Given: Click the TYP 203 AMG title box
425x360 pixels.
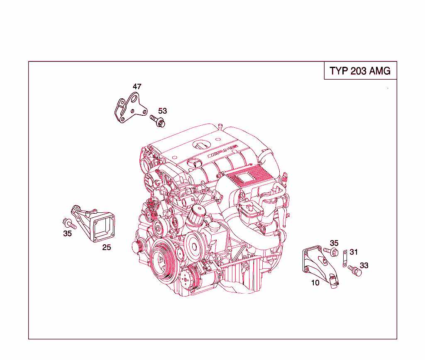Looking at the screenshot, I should pyautogui.click(x=360, y=71).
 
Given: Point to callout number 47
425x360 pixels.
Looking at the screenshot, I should pyautogui.click(x=137, y=87).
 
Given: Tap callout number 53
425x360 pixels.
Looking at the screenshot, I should pyautogui.click(x=162, y=111).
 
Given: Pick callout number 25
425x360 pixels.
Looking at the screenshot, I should pyautogui.click(x=107, y=248).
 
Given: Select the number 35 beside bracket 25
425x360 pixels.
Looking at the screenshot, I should pyautogui.click(x=67, y=234).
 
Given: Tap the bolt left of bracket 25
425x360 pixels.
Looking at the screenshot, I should pyautogui.click(x=69, y=224).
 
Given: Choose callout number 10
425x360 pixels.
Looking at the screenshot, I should pyautogui.click(x=315, y=283).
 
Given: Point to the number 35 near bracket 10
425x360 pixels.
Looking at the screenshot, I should pyautogui.click(x=334, y=243).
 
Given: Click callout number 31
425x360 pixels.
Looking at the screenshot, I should pyautogui.click(x=354, y=252).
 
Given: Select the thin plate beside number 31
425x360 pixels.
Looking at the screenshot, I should pyautogui.click(x=344, y=258).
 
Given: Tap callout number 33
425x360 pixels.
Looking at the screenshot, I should pyautogui.click(x=364, y=265).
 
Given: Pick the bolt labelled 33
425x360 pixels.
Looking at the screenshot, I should pyautogui.click(x=354, y=270).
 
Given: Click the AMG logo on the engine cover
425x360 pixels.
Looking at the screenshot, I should pyautogui.click(x=222, y=151).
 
